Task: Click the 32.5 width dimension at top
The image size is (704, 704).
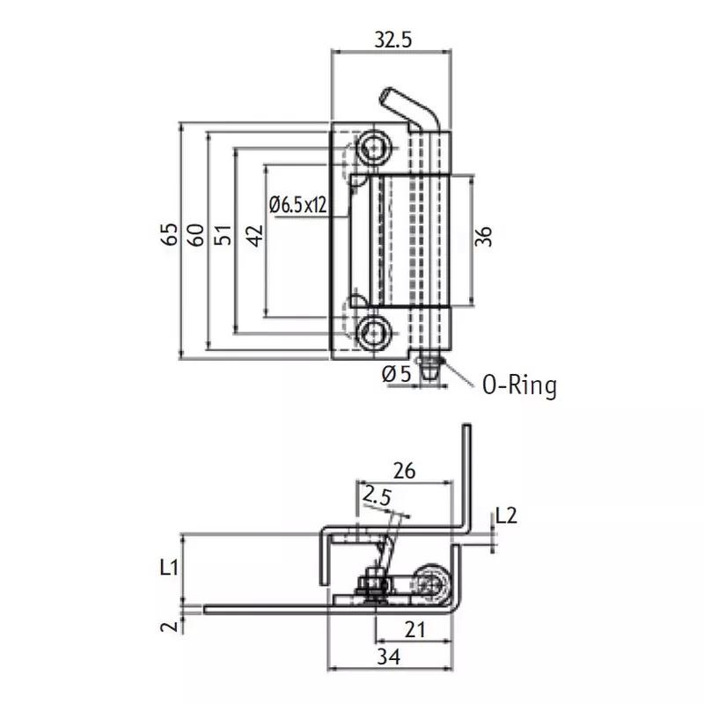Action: click(393, 39)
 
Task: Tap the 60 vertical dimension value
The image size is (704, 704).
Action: click(196, 236)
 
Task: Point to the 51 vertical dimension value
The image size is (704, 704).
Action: click(224, 236)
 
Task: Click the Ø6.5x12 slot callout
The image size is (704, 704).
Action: click(298, 205)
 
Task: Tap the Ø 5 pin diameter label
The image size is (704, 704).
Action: click(397, 374)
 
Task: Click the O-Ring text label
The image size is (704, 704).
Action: click(519, 385)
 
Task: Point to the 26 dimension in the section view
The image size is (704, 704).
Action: click(404, 471)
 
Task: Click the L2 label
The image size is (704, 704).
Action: click(506, 516)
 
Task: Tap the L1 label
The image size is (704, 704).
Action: click(170, 568)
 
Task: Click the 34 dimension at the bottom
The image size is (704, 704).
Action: click(391, 657)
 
